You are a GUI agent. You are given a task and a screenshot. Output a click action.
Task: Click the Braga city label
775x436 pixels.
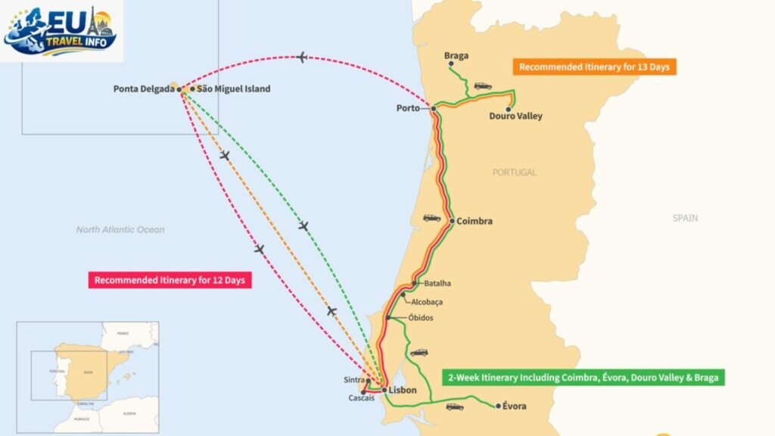point(457,56)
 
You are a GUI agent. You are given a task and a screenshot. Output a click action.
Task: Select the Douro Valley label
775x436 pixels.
point(515,117)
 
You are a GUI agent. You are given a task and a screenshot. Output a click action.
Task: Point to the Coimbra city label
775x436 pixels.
point(475,222)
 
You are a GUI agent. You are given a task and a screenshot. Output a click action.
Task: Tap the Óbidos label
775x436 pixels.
point(421,318)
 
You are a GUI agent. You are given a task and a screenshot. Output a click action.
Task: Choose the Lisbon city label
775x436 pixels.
point(403,391)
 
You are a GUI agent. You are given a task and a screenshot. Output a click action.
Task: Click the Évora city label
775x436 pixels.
point(515,406)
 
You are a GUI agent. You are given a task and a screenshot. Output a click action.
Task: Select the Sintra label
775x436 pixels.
point(353,381)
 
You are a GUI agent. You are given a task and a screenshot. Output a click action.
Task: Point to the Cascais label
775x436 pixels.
point(361,398)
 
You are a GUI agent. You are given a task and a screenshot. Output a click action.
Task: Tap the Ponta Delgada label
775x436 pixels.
point(145,89)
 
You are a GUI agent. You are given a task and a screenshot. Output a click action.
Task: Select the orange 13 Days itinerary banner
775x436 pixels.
point(594,67)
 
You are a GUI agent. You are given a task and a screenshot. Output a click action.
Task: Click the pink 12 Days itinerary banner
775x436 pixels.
point(170,280)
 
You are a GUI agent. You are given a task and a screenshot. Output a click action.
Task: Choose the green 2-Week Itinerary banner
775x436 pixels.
point(583,377)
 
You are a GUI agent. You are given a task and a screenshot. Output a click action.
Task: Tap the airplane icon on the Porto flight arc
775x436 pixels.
point(302,58)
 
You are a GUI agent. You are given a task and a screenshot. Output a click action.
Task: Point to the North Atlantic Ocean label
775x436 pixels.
point(120,229)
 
